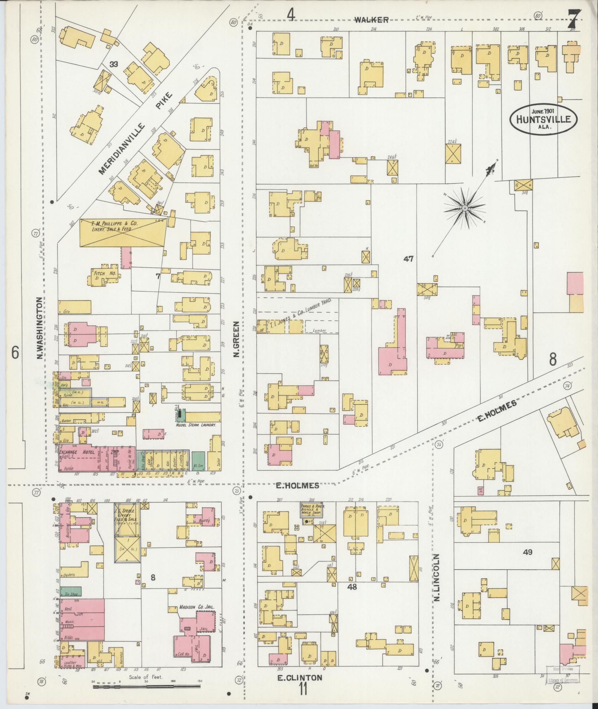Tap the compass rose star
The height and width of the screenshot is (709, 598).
pyautogui.click(x=464, y=209)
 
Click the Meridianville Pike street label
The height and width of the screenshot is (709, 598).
pyautogui.click(x=135, y=133)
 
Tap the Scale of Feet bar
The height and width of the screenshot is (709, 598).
pyautogui.click(x=146, y=686)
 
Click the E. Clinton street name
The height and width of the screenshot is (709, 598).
pyautogui.click(x=300, y=677)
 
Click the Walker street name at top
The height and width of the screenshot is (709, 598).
pyautogui.click(x=371, y=20)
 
